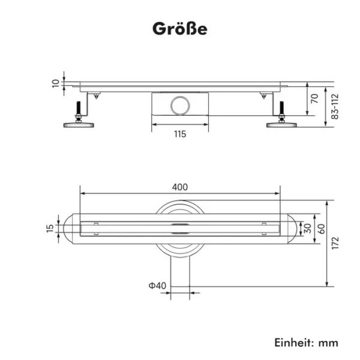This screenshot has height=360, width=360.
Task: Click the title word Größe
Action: click(x=180, y=29)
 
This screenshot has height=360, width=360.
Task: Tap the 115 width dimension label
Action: click(x=180, y=134)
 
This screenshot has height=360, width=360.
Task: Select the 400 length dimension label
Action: click(x=180, y=187)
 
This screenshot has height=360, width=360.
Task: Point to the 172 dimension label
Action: click(x=335, y=242)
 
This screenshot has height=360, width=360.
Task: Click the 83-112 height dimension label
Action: click(x=335, y=106)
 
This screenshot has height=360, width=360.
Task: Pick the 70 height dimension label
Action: click(x=314, y=98)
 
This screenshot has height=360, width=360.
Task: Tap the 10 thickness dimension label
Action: click(x=56, y=83)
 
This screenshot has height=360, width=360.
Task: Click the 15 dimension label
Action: click(x=50, y=229)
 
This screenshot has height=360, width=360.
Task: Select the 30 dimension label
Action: click(x=307, y=229)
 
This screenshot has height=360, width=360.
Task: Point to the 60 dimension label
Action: click(x=321, y=229)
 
